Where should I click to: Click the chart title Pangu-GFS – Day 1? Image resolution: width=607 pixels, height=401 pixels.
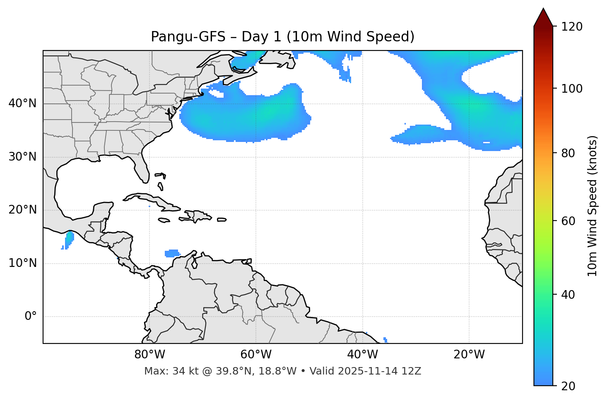click(282, 37)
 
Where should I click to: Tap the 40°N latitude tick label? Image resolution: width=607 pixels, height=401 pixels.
click(22, 103)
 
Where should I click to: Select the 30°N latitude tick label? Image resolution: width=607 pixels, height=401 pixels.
click(22, 157)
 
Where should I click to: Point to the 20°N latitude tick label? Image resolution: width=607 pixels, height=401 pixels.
click(22, 210)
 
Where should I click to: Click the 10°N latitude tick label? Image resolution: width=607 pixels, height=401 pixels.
click(22, 263)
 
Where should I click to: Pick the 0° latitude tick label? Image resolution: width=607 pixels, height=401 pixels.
click(31, 317)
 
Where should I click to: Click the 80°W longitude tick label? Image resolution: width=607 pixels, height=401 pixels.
click(149, 355)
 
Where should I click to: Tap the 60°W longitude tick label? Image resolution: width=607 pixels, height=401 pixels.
click(256, 355)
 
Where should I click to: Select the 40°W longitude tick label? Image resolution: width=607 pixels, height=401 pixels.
click(362, 355)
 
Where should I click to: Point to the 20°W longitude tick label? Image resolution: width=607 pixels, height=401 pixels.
click(469, 355)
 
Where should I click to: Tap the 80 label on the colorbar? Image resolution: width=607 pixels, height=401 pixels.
click(569, 153)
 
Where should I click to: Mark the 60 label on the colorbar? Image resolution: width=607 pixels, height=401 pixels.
click(569, 221)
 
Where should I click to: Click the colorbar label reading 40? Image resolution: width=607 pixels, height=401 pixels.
click(569, 295)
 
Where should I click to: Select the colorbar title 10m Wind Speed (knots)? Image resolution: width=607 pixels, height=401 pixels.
click(593, 206)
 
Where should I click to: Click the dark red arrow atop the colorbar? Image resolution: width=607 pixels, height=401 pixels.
click(543, 18)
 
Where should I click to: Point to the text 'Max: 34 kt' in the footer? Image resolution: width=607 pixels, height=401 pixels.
click(163, 371)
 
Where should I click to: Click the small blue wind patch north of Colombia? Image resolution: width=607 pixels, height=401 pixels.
click(172, 253)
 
